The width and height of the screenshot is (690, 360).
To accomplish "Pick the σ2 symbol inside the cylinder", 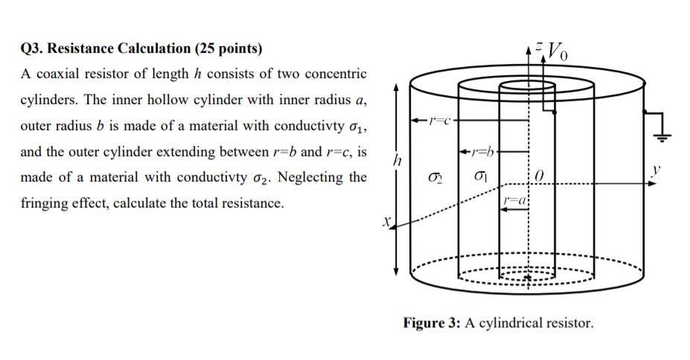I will click(x=437, y=178).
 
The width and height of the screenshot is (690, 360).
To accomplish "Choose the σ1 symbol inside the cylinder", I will click(x=482, y=178).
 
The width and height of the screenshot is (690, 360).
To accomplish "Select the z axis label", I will click(x=540, y=45).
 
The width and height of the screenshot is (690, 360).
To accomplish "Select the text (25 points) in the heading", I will click(x=229, y=49).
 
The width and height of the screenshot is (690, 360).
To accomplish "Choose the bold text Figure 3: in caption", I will click(x=432, y=323).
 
